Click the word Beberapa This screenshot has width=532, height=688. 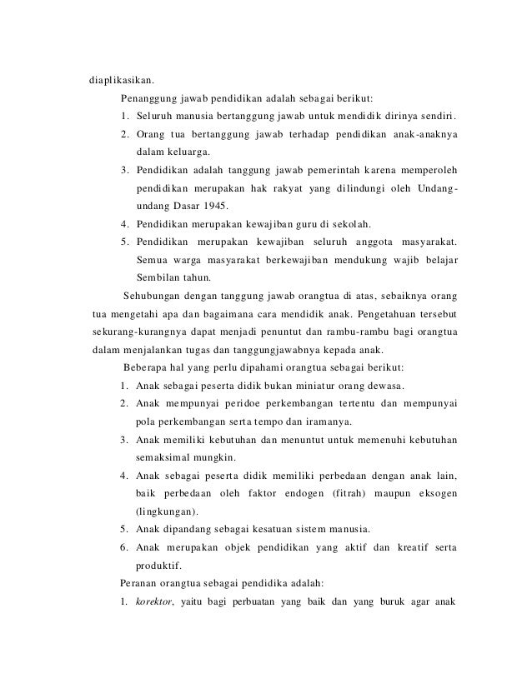(148, 368)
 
